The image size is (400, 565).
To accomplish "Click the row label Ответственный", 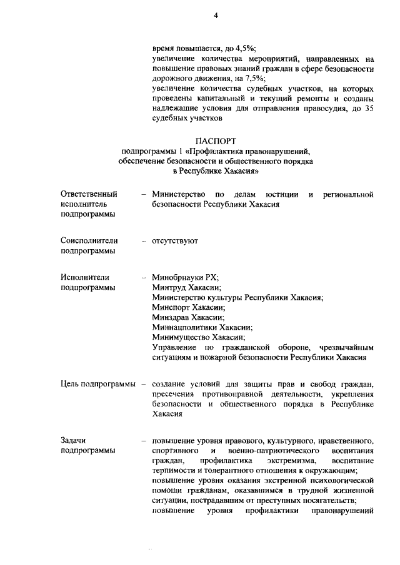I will tap(89, 195).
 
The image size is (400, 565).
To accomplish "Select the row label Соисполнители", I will tap(90, 240).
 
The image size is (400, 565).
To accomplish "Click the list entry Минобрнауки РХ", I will tap(185, 277).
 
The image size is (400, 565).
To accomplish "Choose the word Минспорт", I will tap(172, 307).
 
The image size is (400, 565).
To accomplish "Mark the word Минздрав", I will tap(172, 317).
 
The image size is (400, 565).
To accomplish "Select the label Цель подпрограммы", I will tap(99, 383).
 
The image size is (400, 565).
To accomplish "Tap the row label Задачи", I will tap(74, 440).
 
